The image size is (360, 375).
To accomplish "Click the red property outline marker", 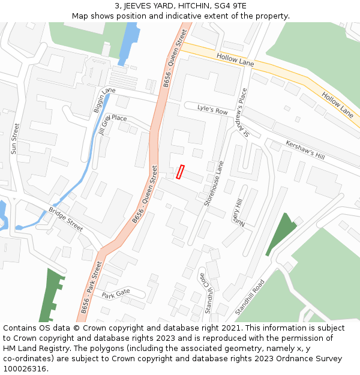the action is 180,172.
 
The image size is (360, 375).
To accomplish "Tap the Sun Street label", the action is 15,139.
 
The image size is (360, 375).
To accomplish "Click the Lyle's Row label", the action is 212,110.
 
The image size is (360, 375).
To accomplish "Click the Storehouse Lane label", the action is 214,184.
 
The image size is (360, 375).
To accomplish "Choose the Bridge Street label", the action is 66,219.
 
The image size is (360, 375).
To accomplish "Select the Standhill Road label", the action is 250,297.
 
